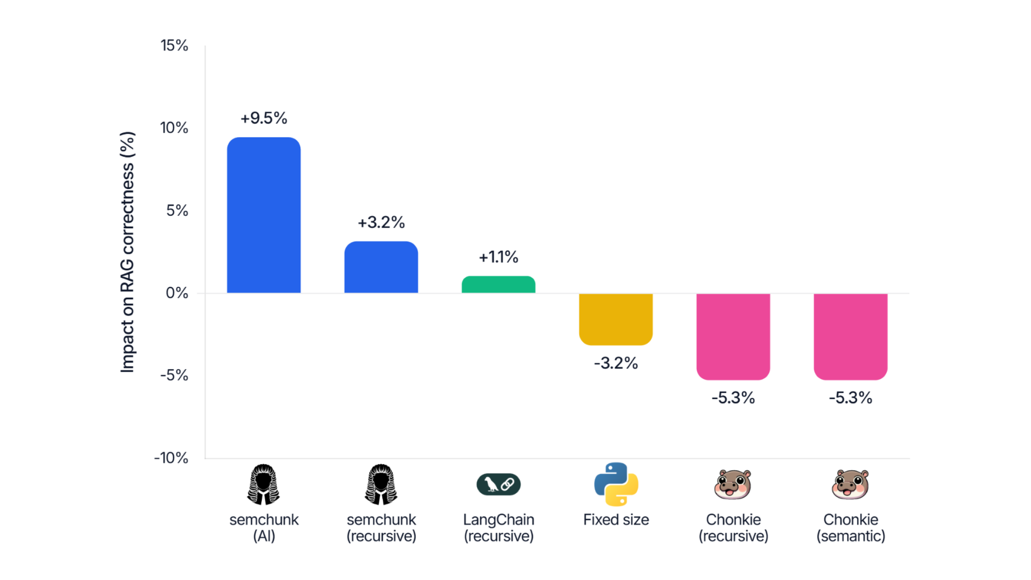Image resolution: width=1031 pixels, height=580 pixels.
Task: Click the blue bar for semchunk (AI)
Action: [264, 215]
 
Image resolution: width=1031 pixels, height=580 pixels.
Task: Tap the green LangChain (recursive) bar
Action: [498, 284]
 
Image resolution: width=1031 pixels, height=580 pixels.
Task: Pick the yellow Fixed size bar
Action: [616, 319]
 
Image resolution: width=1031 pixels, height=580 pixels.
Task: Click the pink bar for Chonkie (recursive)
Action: [733, 336]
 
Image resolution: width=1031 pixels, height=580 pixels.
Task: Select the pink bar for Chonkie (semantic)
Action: [851, 336]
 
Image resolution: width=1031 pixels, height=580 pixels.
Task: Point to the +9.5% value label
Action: [264, 118]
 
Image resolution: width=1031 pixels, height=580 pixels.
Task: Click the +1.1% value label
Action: [498, 257]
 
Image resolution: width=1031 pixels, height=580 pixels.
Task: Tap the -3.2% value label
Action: [616, 363]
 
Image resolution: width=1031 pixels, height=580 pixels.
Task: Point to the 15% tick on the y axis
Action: [174, 46]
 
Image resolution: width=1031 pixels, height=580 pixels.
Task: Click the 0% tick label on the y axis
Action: [177, 293]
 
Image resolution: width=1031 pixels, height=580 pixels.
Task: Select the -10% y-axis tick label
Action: [171, 458]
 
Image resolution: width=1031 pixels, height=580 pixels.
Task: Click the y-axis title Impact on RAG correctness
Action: [127, 252]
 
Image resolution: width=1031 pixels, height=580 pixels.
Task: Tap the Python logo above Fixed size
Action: [616, 484]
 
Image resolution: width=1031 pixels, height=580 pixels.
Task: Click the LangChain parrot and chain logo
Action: [498, 484]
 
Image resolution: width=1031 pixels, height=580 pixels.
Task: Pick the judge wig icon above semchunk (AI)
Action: [263, 484]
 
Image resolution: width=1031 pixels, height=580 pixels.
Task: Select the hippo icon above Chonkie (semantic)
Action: [851, 485]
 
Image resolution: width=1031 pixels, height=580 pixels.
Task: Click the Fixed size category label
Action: [616, 520]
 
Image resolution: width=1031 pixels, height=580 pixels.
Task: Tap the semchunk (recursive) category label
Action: [381, 528]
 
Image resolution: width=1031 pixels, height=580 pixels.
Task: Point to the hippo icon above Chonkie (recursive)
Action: [733, 485]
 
